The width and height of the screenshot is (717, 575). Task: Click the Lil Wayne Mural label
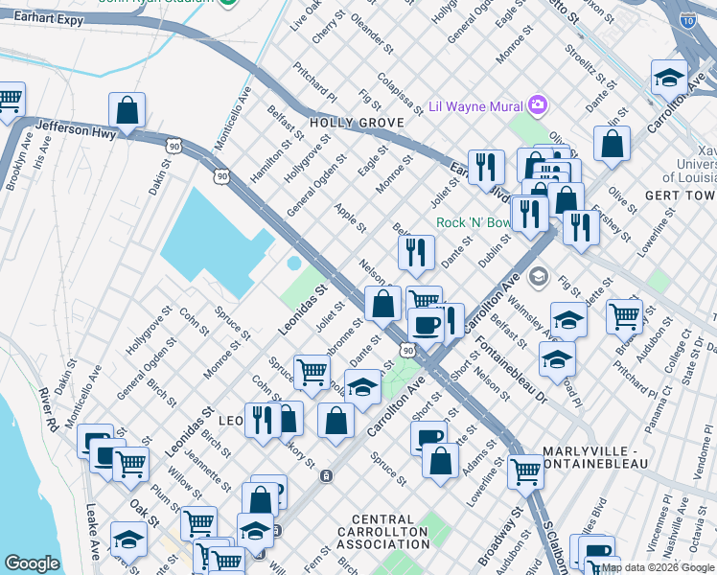(475, 105)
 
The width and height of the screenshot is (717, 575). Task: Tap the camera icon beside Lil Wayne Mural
(537, 104)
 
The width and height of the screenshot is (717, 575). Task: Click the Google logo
(33, 563)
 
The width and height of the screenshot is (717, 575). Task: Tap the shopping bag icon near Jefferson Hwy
(127, 112)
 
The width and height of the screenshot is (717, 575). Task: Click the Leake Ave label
(93, 531)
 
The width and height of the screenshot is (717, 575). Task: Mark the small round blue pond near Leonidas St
(293, 263)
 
